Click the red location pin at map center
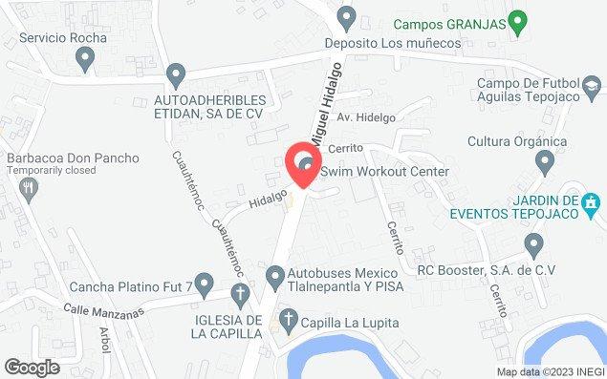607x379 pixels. point(304,165)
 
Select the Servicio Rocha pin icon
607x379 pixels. point(86,60)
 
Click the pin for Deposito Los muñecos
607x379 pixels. point(347,16)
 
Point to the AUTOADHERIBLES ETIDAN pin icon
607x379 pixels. point(175,74)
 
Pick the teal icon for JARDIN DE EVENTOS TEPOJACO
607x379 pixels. point(592,201)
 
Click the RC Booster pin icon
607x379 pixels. point(533,246)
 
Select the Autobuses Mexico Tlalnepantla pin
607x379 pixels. point(275,278)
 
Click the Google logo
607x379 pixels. point(32,367)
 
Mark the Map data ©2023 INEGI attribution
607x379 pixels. point(549,372)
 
